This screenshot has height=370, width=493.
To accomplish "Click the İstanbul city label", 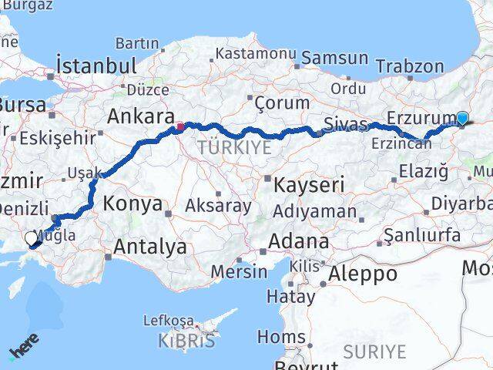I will click(x=97, y=65).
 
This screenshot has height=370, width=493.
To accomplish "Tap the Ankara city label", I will click(x=139, y=117).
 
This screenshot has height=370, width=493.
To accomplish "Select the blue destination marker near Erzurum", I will click(x=462, y=118).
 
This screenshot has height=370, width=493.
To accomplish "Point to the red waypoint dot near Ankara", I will click(x=179, y=127).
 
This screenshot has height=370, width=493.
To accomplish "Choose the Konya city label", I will click(x=132, y=205).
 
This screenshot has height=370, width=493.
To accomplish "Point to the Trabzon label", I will click(x=427, y=67).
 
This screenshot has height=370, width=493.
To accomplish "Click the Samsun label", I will click(x=335, y=58).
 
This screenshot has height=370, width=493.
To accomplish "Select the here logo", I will click(x=24, y=350).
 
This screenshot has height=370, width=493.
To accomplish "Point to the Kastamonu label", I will click(x=256, y=54).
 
